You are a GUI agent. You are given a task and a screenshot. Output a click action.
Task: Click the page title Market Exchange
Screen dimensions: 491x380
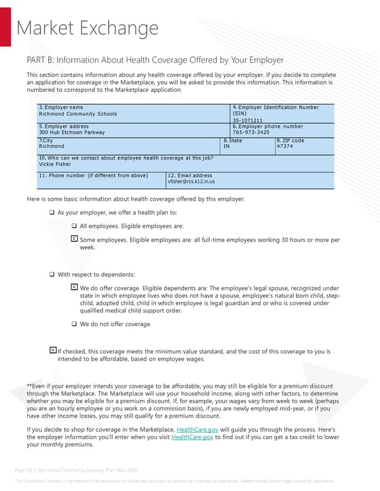click(x=87, y=28)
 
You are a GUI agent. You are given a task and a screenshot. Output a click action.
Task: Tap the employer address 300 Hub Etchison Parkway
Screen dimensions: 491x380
click(x=72, y=132)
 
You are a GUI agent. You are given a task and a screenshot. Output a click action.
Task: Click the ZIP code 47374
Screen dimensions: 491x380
click(x=285, y=146)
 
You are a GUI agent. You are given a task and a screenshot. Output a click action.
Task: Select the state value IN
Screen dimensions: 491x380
click(x=227, y=146)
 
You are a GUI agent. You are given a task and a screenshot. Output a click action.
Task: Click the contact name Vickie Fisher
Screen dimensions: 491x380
click(x=55, y=164)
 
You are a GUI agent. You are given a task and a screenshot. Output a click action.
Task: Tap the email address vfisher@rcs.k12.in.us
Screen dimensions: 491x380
click(x=191, y=182)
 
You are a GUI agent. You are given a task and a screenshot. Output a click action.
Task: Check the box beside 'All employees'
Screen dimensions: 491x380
click(x=74, y=227)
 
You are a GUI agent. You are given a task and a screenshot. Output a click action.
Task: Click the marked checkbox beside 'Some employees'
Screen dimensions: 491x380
click(x=74, y=239)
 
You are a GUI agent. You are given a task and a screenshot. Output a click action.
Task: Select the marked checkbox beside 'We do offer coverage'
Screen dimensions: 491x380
click(x=74, y=287)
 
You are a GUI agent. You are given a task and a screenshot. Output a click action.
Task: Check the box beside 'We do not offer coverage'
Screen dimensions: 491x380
click(x=74, y=324)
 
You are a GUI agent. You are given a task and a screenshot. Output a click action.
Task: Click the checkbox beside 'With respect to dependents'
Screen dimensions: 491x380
click(x=52, y=275)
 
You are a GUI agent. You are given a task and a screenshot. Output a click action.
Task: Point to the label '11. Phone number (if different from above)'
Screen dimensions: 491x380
click(x=94, y=175)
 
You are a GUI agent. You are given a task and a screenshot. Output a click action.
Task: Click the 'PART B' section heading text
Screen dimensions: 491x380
click(x=155, y=60)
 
